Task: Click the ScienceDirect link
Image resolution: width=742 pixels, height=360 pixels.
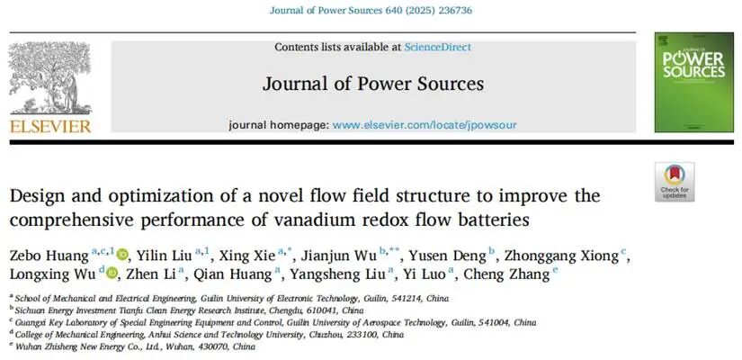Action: click(438, 48)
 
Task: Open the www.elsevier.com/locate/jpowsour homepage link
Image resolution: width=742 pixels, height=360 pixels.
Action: click(425, 125)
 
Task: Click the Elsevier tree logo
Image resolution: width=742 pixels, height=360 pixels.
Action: click(49, 78)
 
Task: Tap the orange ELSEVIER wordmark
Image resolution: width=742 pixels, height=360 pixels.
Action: click(50, 127)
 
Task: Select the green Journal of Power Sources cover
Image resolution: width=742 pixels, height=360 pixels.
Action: click(693, 83)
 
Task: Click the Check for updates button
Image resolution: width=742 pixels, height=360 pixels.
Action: click(675, 182)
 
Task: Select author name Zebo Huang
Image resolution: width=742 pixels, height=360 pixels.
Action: click(49, 256)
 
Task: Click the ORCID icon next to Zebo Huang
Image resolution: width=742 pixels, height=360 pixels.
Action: click(122, 255)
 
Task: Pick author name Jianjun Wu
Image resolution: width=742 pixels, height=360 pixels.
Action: click(339, 256)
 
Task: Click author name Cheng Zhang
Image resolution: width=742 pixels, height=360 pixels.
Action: click(507, 274)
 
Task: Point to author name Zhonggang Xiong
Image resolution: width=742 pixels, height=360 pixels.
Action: click(562, 256)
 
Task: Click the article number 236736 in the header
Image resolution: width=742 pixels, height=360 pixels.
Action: click(455, 10)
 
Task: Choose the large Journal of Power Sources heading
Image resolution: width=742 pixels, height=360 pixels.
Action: click(373, 84)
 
